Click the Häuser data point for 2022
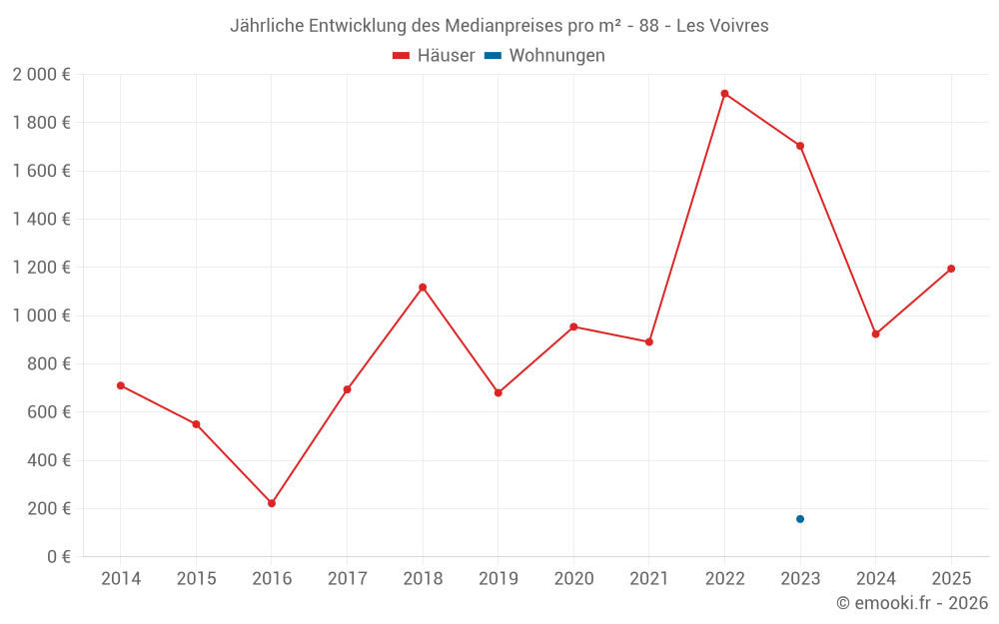(x=724, y=94)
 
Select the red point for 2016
(x=272, y=503)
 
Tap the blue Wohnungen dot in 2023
(x=800, y=519)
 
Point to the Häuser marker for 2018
(x=423, y=288)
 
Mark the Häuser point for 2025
(x=951, y=269)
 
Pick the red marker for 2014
(x=121, y=385)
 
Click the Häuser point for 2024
(x=875, y=334)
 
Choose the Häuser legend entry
(x=434, y=56)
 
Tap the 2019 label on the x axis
(x=498, y=579)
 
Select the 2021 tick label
(x=649, y=579)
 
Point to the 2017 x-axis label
(x=347, y=579)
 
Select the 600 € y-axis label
(x=48, y=412)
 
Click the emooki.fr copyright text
(x=912, y=603)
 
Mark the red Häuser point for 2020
(x=573, y=326)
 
